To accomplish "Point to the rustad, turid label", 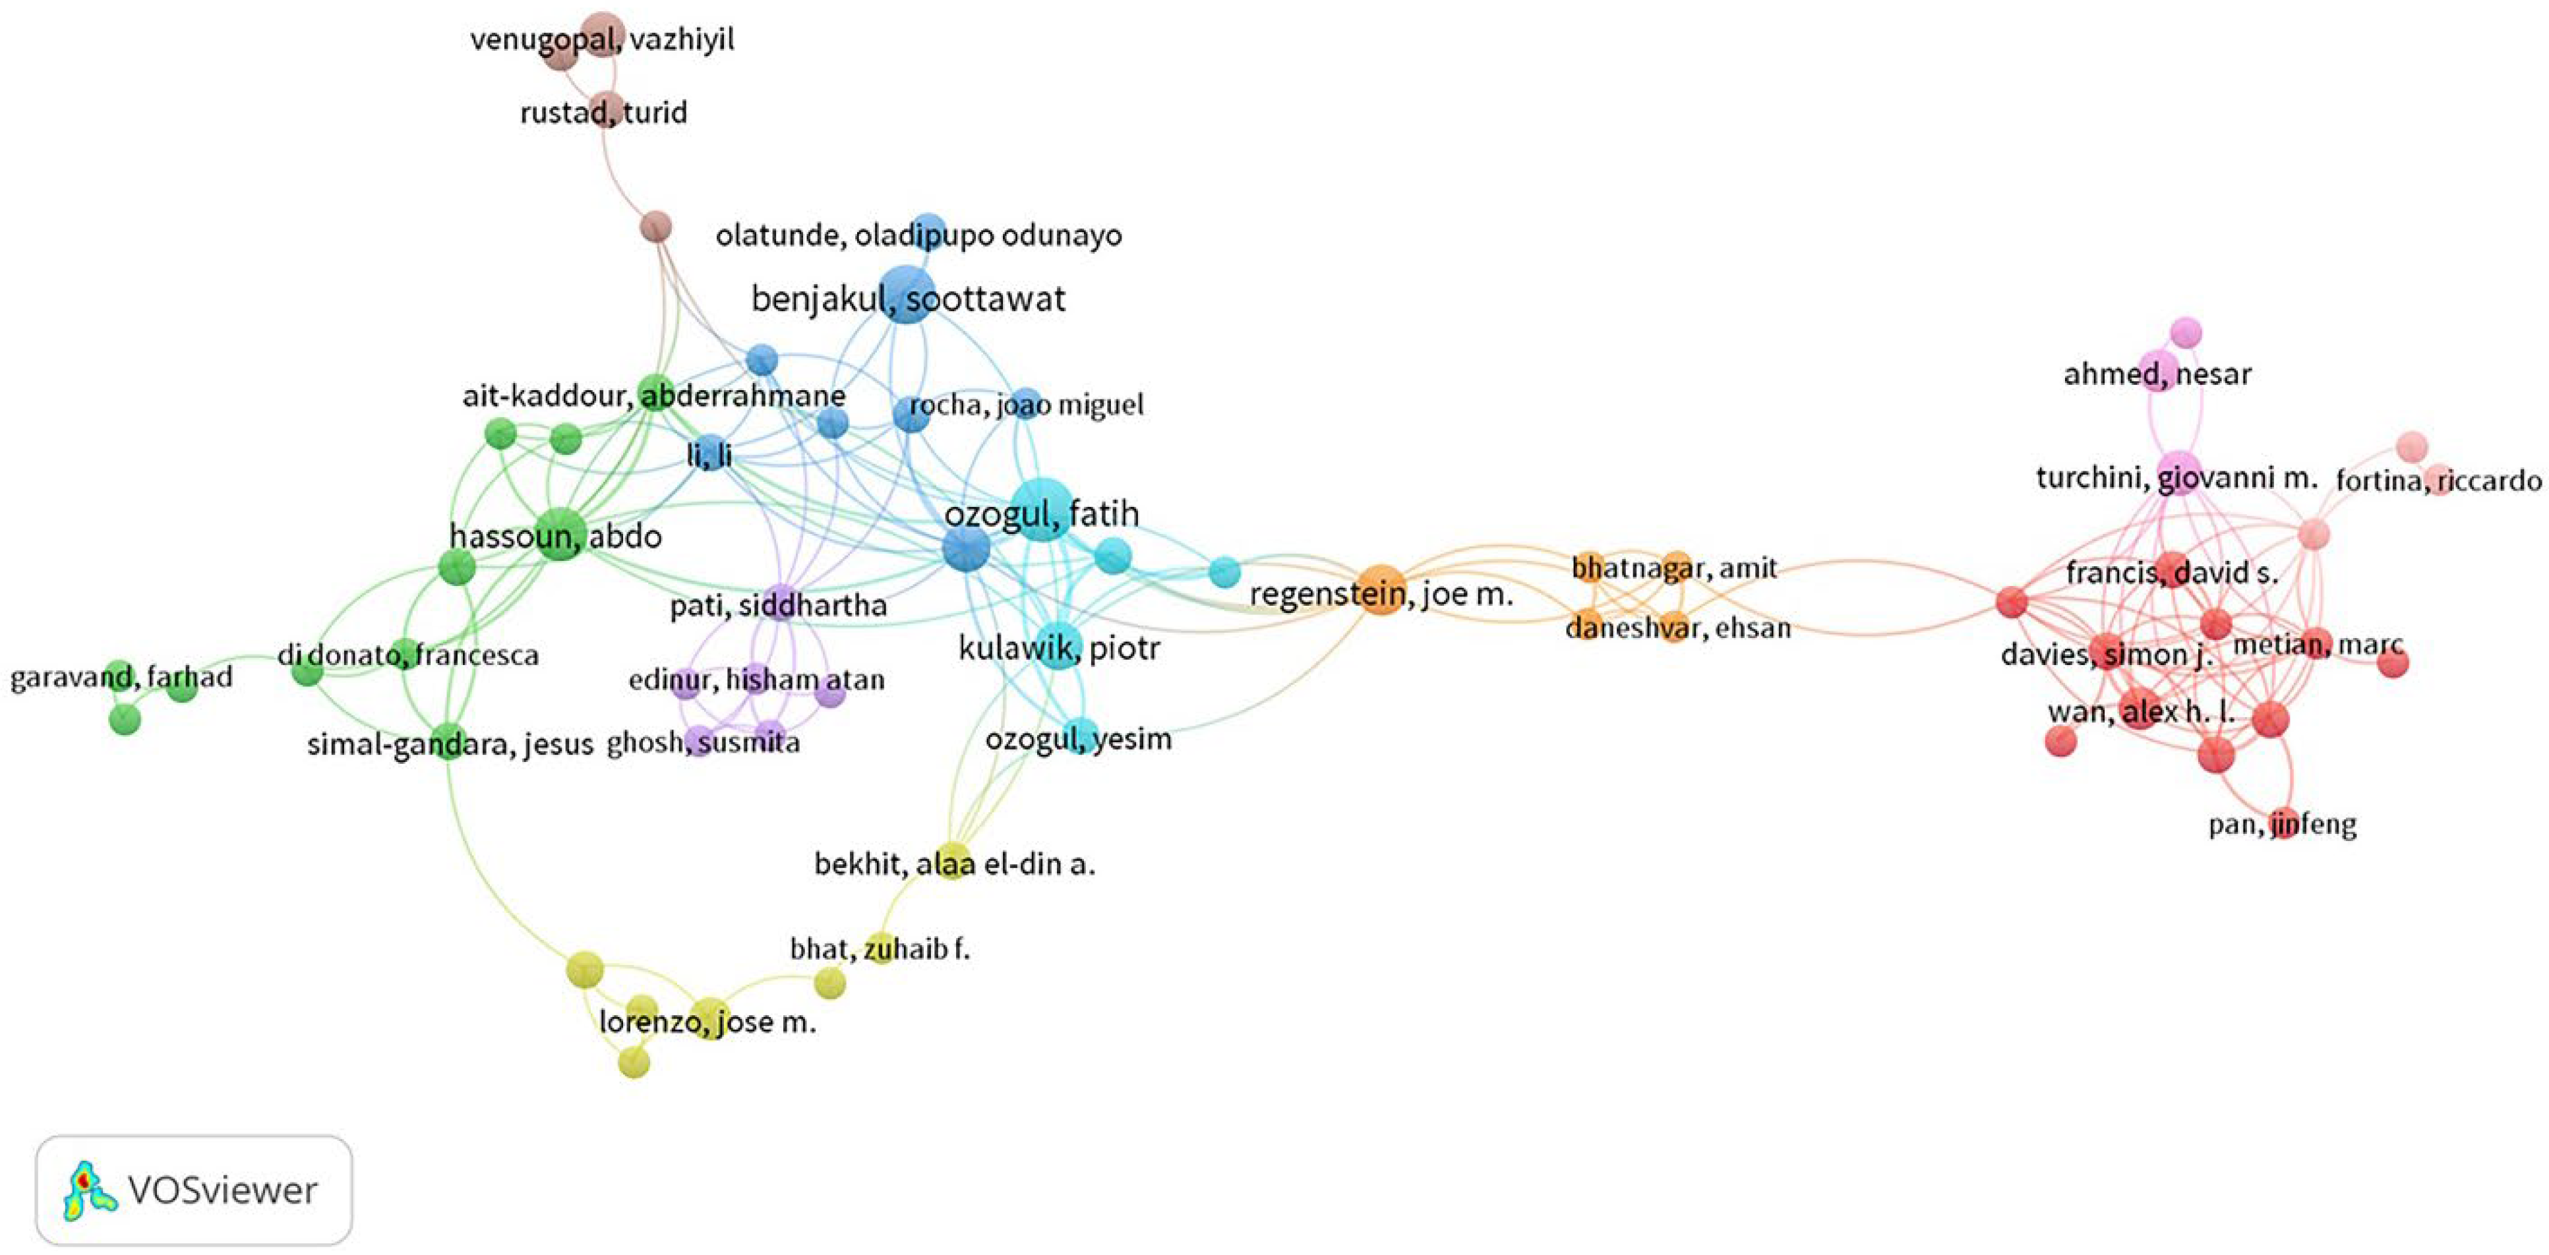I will (603, 113).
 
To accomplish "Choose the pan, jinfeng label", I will (2282, 825).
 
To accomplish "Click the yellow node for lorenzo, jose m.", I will (709, 1016).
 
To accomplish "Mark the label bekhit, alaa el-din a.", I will (954, 864).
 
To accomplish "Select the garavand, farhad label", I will (121, 678).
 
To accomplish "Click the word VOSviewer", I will (223, 1190).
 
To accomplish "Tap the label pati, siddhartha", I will (778, 605).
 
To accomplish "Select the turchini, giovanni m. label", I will (2176, 479).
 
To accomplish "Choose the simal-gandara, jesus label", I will (449, 744).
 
